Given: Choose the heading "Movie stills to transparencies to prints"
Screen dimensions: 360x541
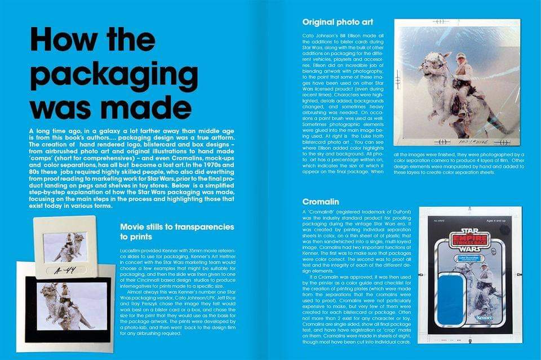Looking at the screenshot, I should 177,231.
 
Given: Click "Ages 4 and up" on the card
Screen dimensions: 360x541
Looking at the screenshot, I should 498,222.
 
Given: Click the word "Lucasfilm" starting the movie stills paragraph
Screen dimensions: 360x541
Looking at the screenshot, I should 133,249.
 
